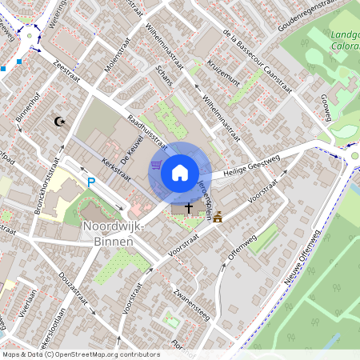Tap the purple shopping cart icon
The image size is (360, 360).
156,165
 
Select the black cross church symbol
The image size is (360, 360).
189,208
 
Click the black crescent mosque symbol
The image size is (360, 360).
58,122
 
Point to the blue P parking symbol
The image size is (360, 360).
90,183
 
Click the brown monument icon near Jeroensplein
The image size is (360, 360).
218,215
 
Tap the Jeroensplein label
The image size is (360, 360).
203,198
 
